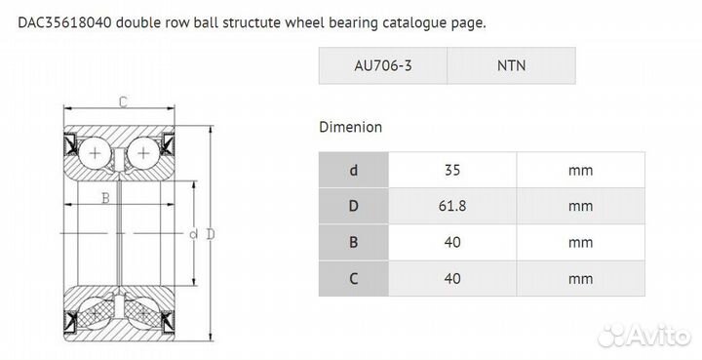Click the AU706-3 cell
(382, 65)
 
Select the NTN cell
(511, 65)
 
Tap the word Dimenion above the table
(350, 127)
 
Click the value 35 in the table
(451, 170)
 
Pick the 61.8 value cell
(451, 206)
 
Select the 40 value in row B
(451, 242)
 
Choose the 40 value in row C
(451, 278)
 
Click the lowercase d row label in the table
(353, 170)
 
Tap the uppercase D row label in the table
(353, 206)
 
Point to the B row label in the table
(353, 242)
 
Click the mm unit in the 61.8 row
(580, 206)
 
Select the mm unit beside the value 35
(580, 170)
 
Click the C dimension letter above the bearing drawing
(123, 101)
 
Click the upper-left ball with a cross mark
(96, 154)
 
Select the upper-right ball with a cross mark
(143, 154)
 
